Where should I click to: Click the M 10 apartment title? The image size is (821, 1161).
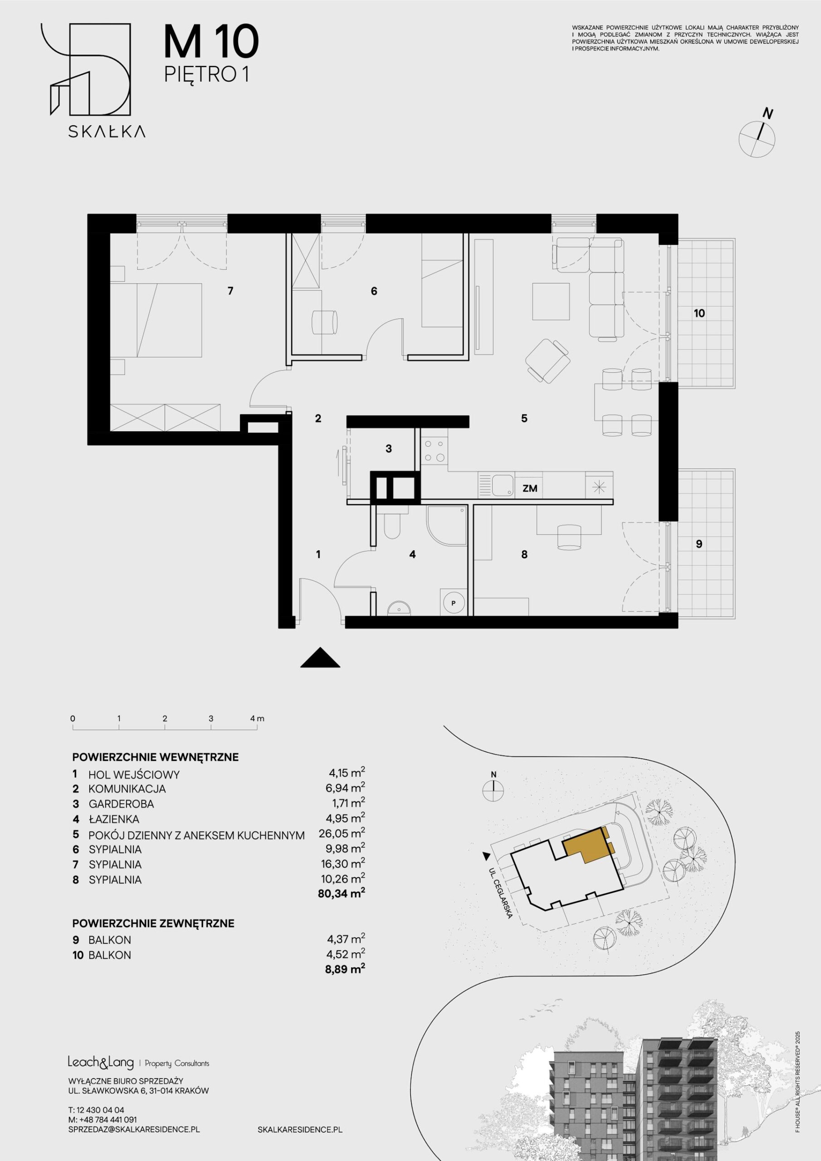point(211,43)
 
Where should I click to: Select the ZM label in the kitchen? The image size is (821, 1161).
point(530,488)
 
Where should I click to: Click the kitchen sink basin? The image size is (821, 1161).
point(503,486)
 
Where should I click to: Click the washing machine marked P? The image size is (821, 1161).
point(453,602)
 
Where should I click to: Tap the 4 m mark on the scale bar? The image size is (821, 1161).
point(258,718)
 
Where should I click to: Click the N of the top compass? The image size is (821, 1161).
point(768,114)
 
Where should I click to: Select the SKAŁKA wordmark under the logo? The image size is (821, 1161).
point(107,132)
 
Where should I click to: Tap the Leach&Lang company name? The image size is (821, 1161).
point(101,1063)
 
